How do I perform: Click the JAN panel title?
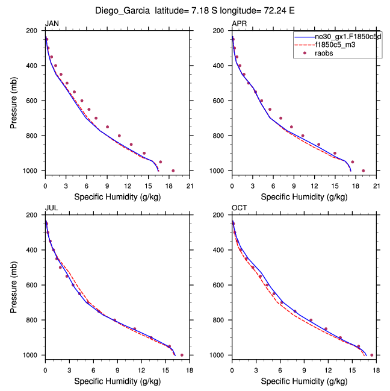[52, 24]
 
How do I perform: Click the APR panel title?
[240, 24]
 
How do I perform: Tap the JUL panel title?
[52, 208]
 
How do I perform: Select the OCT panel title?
[240, 208]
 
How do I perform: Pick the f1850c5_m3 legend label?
[334, 45]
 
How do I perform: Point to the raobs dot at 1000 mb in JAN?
[173, 170]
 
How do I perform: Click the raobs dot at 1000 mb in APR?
[363, 170]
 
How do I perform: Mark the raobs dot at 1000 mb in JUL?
[182, 355]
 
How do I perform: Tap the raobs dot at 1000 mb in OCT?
[371, 355]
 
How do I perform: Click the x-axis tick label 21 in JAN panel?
[190, 186]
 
